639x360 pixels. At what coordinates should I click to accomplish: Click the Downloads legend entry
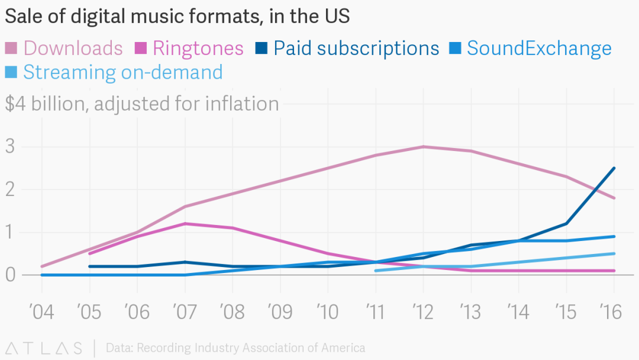pyautogui.click(x=64, y=48)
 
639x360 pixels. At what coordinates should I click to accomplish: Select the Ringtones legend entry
pyautogui.click(x=190, y=48)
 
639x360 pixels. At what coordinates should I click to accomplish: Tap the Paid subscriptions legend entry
pyautogui.click(x=348, y=48)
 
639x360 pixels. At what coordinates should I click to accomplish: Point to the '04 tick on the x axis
pyautogui.click(x=42, y=311)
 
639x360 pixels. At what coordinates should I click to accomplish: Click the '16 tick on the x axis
pyautogui.click(x=614, y=311)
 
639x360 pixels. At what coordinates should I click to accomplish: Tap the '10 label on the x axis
pyautogui.click(x=328, y=311)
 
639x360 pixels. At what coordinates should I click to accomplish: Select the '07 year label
pyautogui.click(x=185, y=311)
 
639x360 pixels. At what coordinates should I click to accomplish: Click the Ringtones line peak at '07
pyautogui.click(x=185, y=223)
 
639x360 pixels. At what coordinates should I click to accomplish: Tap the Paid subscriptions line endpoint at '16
pyautogui.click(x=614, y=168)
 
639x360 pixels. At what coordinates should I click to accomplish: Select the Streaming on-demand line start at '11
pyautogui.click(x=376, y=271)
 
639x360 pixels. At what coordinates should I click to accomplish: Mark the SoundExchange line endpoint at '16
pyautogui.click(x=614, y=236)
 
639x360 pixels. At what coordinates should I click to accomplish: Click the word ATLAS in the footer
pyautogui.click(x=44, y=348)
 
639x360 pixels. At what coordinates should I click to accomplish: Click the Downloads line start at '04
pyautogui.click(x=42, y=266)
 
